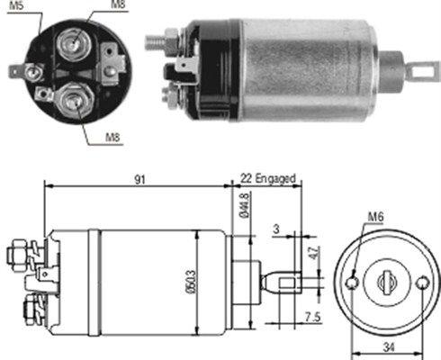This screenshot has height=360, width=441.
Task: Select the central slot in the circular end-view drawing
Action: coord(389,283)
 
